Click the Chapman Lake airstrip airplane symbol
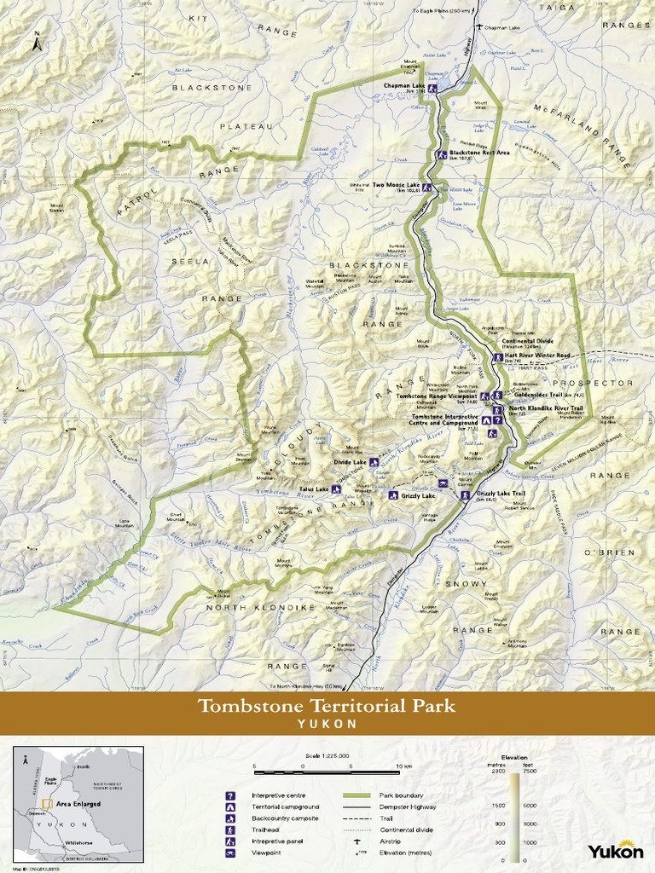pos(480,27)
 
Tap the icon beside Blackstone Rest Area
pos(442,154)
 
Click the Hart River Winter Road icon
pos(498,357)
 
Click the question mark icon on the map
pos(496,419)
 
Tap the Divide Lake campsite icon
pos(373,462)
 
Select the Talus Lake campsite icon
pos(336,489)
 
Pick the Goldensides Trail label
pos(536,395)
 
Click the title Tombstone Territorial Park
pos(327,706)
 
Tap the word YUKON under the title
pos(327,723)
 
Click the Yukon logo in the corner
pos(615,851)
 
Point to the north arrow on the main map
pos(37,43)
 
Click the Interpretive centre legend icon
pos(229,795)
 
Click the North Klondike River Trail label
pos(546,408)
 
